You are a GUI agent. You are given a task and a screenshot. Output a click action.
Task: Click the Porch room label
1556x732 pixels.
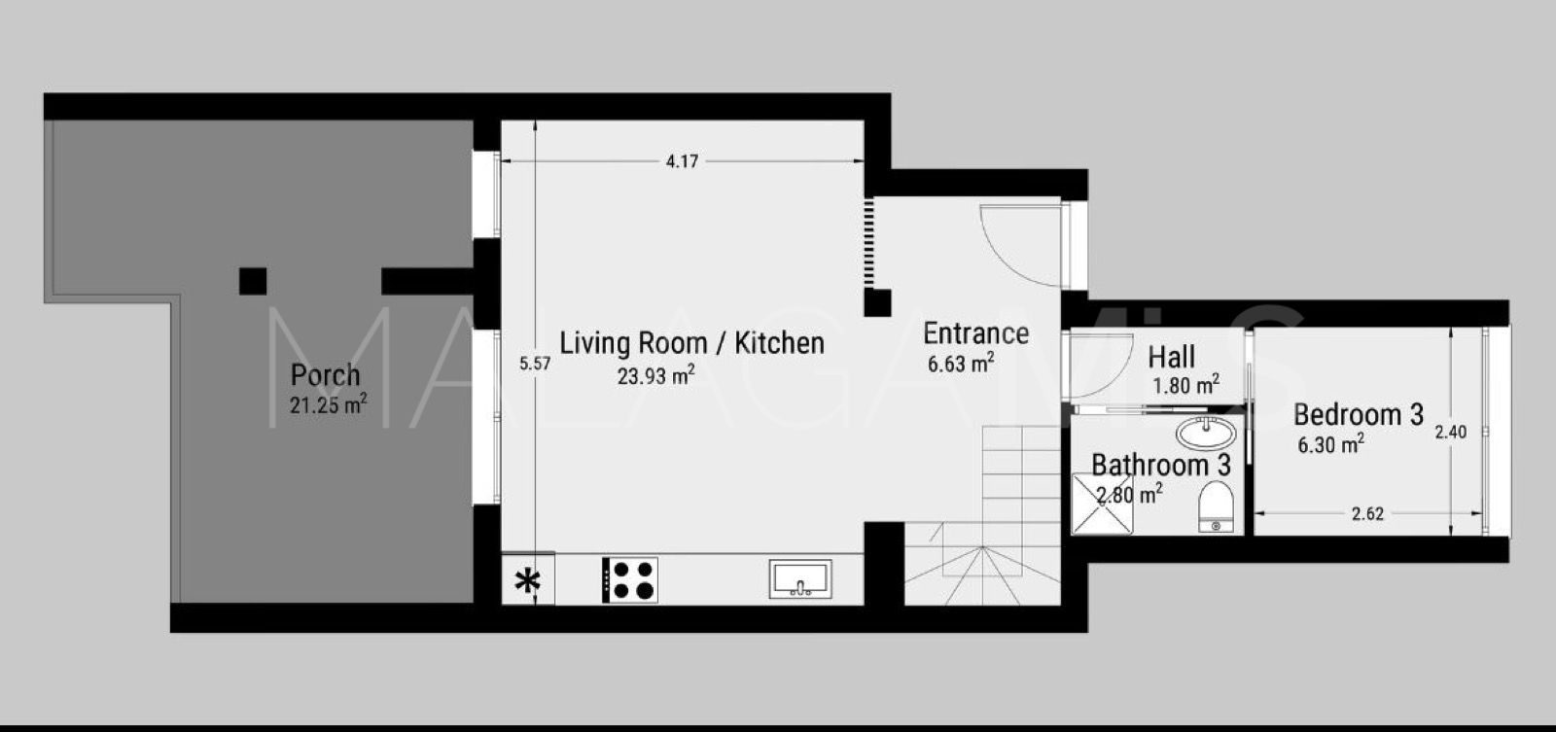click(326, 374)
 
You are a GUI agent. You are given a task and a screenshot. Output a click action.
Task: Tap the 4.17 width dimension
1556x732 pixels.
click(682, 162)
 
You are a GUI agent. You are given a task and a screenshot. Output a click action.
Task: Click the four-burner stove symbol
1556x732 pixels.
click(630, 579)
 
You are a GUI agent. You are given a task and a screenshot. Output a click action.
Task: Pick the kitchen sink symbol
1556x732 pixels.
click(800, 578)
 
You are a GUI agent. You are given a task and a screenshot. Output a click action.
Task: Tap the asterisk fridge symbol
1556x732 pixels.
click(527, 581)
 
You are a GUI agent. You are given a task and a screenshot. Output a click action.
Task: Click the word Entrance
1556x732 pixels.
click(975, 333)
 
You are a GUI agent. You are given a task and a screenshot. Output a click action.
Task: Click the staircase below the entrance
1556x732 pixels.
click(982, 544)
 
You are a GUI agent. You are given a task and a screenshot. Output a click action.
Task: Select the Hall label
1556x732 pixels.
click(1171, 357)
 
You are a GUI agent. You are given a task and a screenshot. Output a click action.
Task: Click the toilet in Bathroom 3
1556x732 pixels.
click(1214, 506)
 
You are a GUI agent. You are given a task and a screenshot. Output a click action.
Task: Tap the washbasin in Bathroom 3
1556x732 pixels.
click(1206, 431)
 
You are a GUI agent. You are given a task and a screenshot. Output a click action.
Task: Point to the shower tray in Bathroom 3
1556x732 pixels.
click(1101, 505)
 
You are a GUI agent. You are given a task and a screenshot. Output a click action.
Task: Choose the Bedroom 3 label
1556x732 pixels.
click(1358, 415)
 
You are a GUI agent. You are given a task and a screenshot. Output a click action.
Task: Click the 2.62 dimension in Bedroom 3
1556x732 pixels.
click(1367, 514)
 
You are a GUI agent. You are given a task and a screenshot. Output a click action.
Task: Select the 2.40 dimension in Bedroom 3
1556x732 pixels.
click(1450, 432)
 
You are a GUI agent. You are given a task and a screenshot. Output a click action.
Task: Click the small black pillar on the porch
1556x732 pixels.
click(253, 281)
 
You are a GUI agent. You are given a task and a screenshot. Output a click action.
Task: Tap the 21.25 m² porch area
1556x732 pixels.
click(328, 405)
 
